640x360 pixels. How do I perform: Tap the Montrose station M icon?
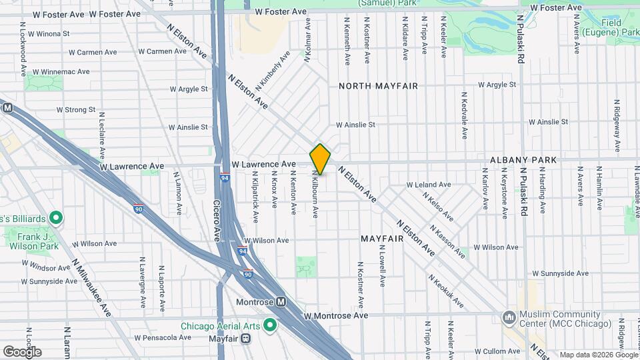[281, 301]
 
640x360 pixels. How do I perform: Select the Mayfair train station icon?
[247, 338]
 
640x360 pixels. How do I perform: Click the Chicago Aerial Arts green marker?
[270, 325]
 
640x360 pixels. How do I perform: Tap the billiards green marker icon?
[57, 218]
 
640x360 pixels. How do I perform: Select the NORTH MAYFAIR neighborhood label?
[378, 86]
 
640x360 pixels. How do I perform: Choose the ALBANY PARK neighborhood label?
[523, 160]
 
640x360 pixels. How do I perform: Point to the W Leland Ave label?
[429, 184]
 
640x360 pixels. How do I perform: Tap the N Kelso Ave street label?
[439, 207]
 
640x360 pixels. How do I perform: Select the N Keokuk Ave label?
[445, 291]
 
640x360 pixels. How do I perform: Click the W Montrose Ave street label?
[335, 315]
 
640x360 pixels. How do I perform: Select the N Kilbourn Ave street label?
[315, 193]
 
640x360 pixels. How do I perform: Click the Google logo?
[22, 351]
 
